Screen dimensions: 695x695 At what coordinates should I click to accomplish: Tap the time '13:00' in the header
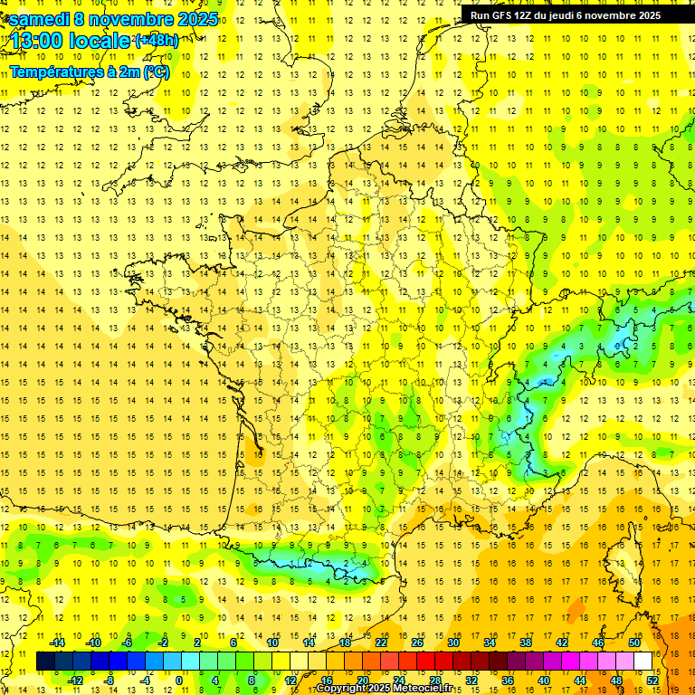coord(37,42)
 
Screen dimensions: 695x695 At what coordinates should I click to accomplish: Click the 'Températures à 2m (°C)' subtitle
coord(89,71)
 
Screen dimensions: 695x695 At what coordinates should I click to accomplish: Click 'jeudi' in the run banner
coord(559,15)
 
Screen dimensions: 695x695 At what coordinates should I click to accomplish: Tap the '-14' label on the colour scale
coord(58,643)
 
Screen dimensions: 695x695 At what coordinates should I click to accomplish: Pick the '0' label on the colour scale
coord(178,680)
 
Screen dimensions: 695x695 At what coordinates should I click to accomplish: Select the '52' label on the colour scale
coord(652,680)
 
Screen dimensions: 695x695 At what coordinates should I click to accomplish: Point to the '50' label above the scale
coord(633,643)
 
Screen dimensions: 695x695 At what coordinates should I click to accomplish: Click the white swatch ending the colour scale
coord(643,662)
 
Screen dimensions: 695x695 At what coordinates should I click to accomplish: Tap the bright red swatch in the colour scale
coord(426,662)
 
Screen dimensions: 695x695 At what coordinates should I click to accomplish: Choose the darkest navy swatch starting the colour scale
coord(45,662)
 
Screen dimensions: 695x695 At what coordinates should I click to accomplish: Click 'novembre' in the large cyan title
coord(138,19)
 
